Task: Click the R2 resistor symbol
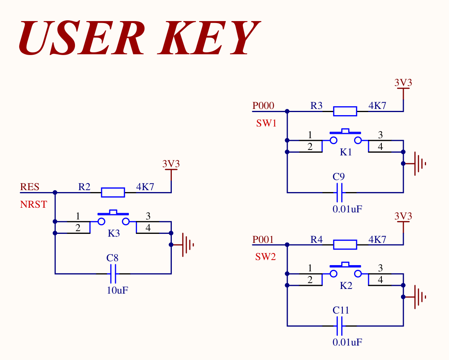pyautogui.click(x=113, y=192)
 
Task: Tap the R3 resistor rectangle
pyautogui.click(x=345, y=111)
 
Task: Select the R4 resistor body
pyautogui.click(x=345, y=244)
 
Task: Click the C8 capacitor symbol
pyautogui.click(x=113, y=274)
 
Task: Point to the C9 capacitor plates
pyautogui.click(x=339, y=192)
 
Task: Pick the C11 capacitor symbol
pyautogui.click(x=339, y=326)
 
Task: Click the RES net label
pyautogui.click(x=30, y=187)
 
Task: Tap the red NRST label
pyautogui.click(x=34, y=204)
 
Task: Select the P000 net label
pyautogui.click(x=263, y=106)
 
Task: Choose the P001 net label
pyautogui.click(x=263, y=239)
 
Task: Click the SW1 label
pyautogui.click(x=266, y=123)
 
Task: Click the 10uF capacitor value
pyautogui.click(x=118, y=290)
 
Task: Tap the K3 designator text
pyautogui.click(x=114, y=233)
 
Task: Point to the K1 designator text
pyautogui.click(x=346, y=152)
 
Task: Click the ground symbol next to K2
pyautogui.click(x=415, y=297)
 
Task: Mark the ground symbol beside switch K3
pyautogui.click(x=183, y=245)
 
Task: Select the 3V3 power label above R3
pyautogui.click(x=403, y=82)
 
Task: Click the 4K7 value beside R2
pyautogui.click(x=145, y=187)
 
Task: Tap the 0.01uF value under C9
pyautogui.click(x=347, y=209)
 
